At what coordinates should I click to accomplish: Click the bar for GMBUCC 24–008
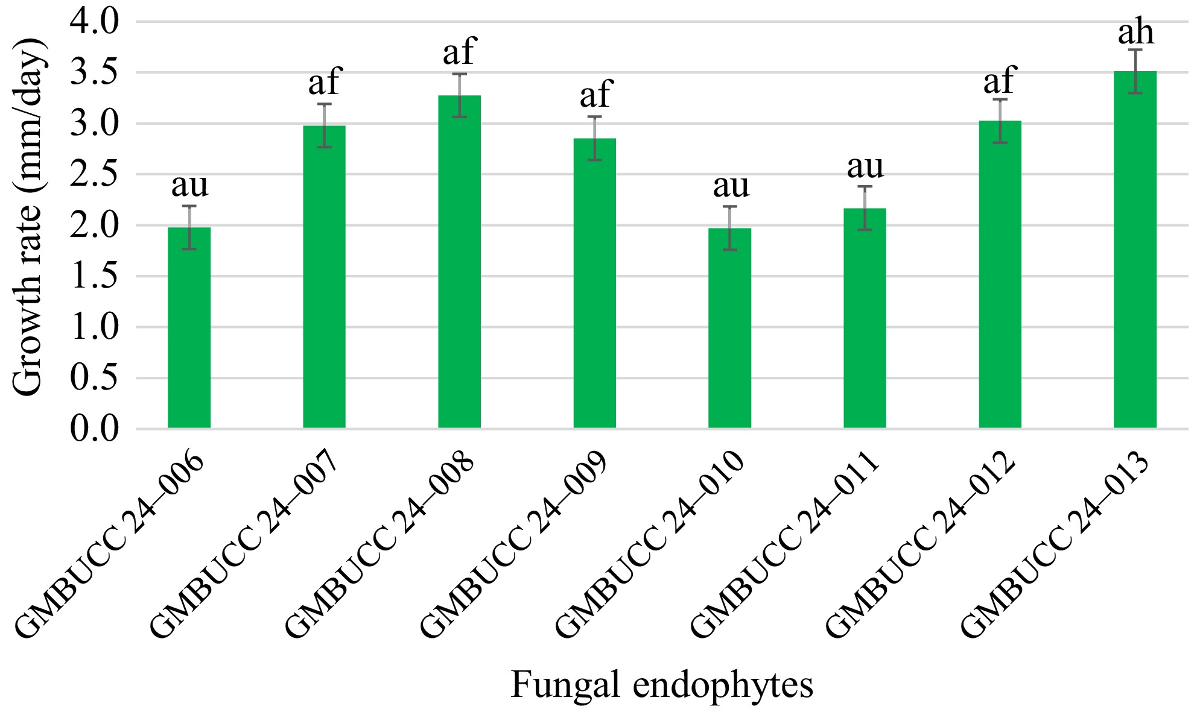tap(459, 262)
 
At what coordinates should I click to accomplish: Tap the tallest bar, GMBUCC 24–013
tap(1135, 250)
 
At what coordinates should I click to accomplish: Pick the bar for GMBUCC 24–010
tap(729, 328)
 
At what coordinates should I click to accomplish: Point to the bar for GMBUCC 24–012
tap(1000, 274)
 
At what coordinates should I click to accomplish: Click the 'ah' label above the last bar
tap(1135, 33)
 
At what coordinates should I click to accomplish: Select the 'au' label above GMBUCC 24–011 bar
tap(865, 167)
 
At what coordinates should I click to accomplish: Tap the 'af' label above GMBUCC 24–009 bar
tap(595, 95)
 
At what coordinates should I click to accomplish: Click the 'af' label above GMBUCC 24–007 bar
tap(325, 82)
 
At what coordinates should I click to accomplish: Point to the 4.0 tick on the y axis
tap(95, 22)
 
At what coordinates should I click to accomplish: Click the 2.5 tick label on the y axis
tap(95, 175)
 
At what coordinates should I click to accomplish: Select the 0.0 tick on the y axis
tap(95, 429)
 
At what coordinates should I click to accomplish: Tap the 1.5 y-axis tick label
tap(95, 277)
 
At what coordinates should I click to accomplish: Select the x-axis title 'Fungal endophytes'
tap(662, 685)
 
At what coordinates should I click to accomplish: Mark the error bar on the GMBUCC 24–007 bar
tap(325, 125)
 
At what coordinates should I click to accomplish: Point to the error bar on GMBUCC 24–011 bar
tap(865, 208)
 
